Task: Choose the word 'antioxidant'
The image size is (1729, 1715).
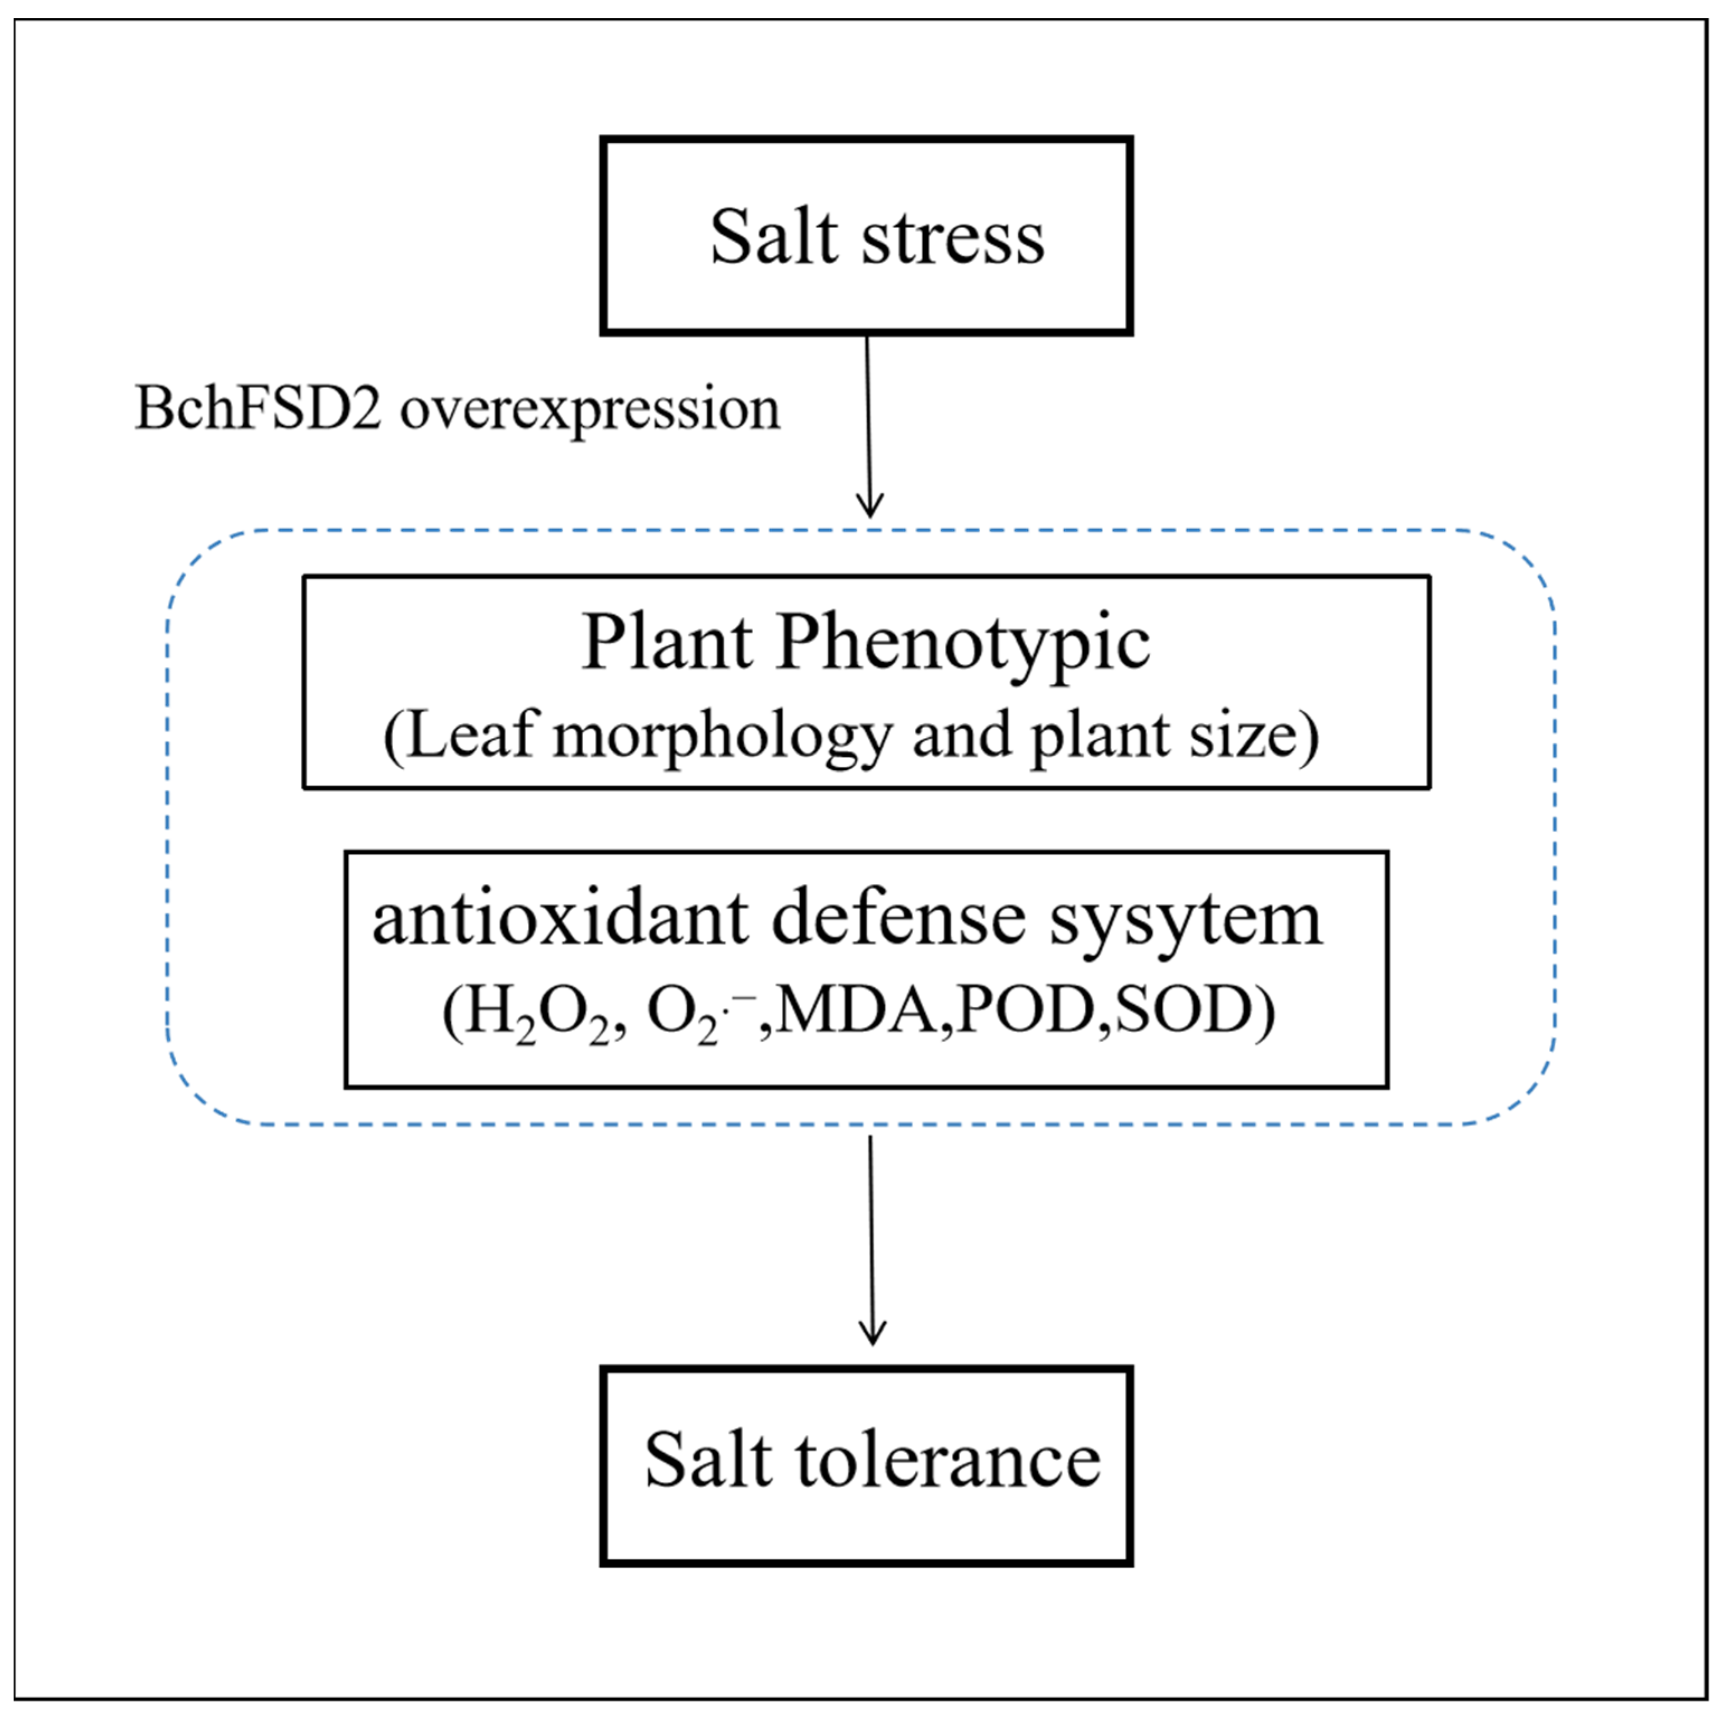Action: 560,919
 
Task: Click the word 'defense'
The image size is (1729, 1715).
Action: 897,919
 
